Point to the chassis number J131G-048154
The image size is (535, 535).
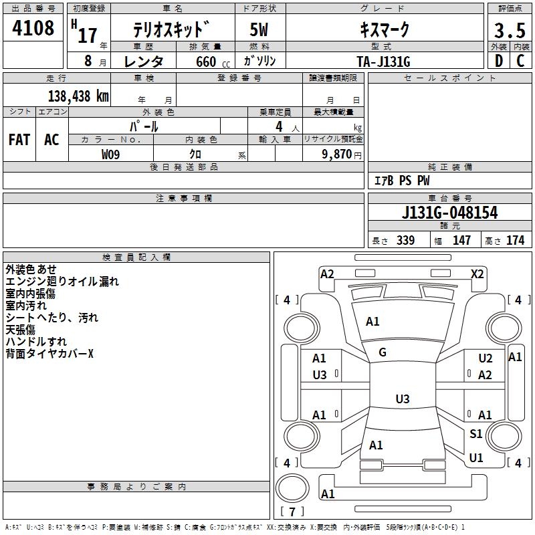(x=450, y=213)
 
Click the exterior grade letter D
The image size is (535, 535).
(x=498, y=61)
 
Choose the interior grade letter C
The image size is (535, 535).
(x=520, y=61)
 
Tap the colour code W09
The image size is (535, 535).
(x=111, y=154)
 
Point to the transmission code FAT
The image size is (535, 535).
(x=19, y=140)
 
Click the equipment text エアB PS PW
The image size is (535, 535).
(x=401, y=181)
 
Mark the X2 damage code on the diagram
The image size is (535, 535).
(x=477, y=274)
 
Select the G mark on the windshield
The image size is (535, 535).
(x=383, y=352)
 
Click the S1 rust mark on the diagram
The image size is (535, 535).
(x=475, y=434)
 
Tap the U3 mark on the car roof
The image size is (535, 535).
(x=402, y=399)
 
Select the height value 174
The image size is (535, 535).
(x=515, y=241)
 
